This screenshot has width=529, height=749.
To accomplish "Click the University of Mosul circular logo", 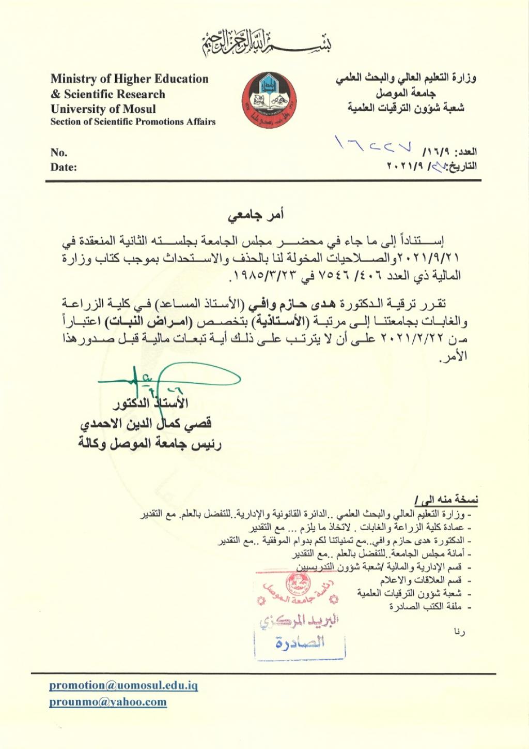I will pyautogui.click(x=270, y=100).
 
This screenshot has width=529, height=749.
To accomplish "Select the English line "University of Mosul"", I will pyautogui.click(x=103, y=109).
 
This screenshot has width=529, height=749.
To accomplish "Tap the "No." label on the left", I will pyautogui.click(x=59, y=153).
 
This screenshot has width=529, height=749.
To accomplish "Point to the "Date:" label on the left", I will pyautogui.click(x=64, y=167).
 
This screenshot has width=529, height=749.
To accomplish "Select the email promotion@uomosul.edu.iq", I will pyautogui.click(x=123, y=686).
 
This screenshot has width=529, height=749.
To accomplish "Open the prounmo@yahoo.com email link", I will pyautogui.click(x=108, y=702).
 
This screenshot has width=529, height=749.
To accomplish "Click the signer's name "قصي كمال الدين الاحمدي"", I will pyautogui.click(x=146, y=424).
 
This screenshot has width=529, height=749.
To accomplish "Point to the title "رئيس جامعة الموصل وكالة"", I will pyautogui.click(x=150, y=444).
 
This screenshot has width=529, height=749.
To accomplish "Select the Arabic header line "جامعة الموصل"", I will pyautogui.click(x=406, y=94).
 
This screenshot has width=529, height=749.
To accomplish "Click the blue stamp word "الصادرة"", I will pyautogui.click(x=300, y=643).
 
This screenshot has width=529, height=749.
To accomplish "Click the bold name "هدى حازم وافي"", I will pyautogui.click(x=279, y=304).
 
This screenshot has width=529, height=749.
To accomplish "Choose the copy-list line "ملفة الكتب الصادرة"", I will pyautogui.click(x=425, y=606).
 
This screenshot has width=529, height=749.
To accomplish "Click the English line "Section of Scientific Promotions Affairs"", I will pyautogui.click(x=133, y=122).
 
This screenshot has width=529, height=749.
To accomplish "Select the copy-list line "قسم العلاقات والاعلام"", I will pyautogui.click(x=421, y=580).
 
